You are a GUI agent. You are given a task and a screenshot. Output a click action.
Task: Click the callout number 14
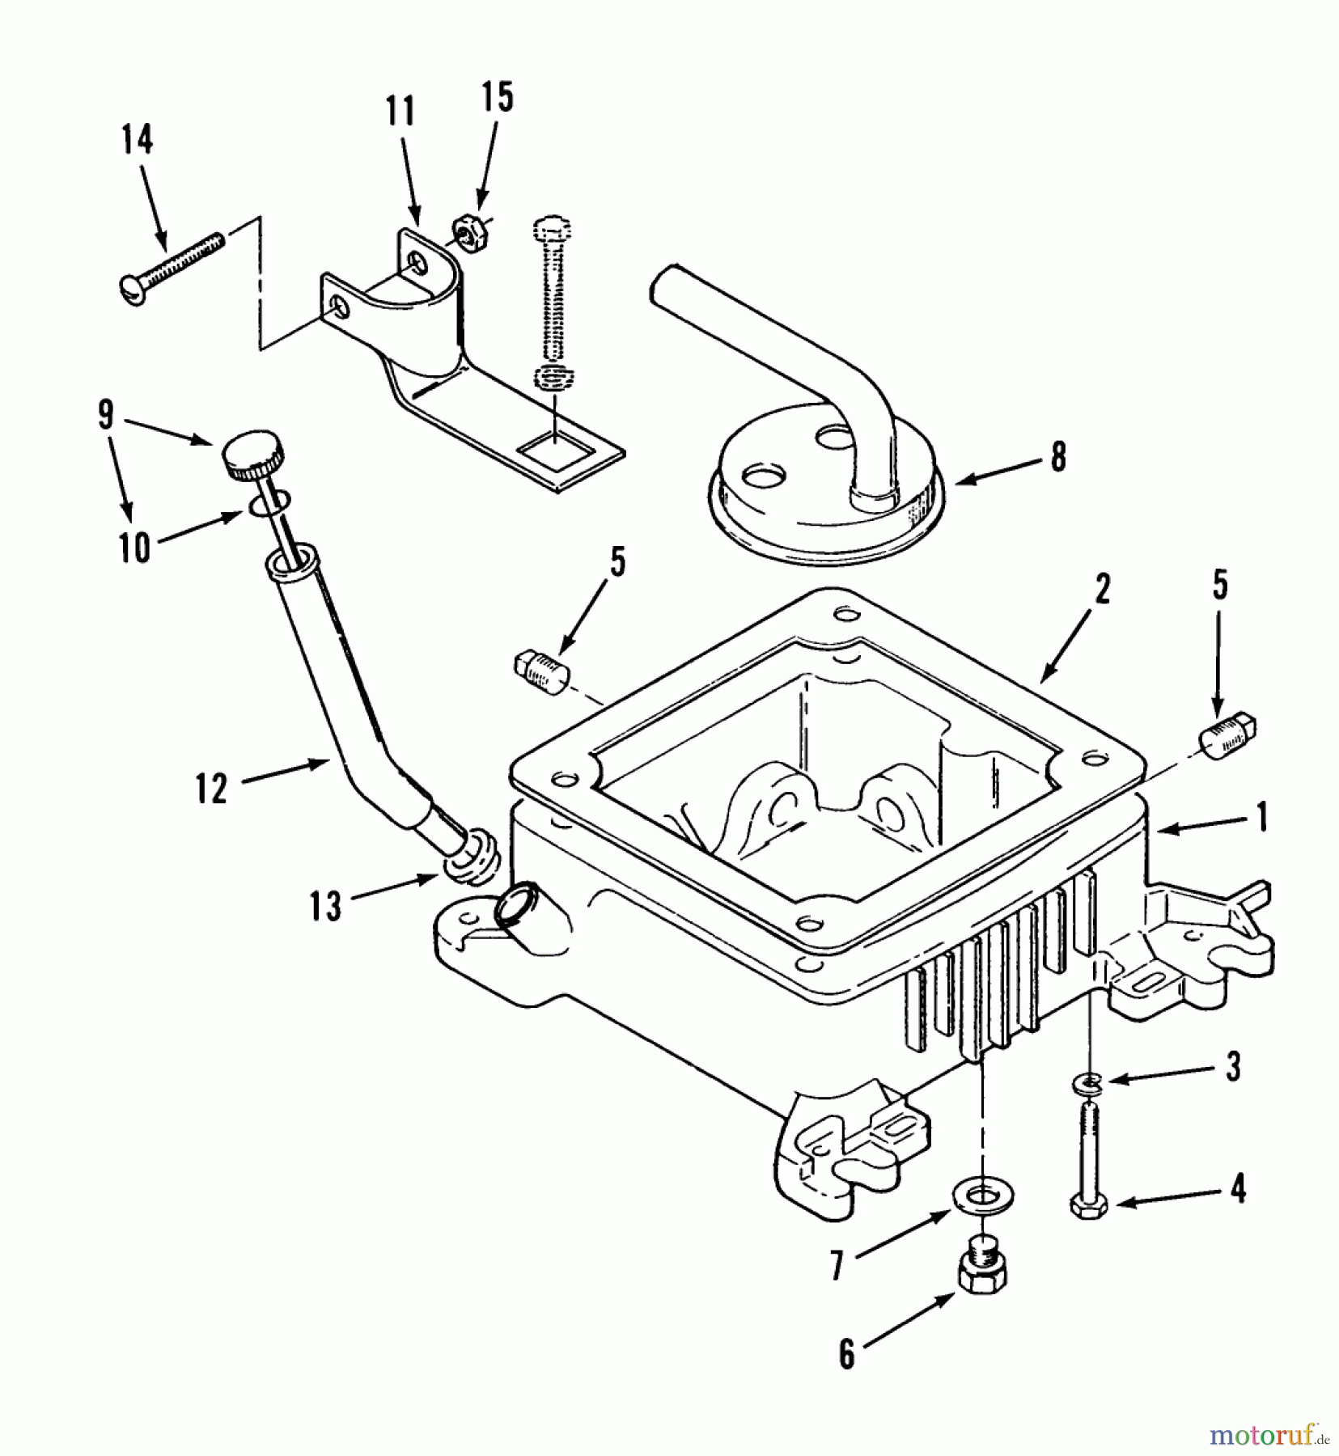(137, 140)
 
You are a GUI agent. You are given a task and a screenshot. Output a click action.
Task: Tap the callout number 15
(498, 97)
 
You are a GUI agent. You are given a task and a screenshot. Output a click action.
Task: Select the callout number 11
(400, 111)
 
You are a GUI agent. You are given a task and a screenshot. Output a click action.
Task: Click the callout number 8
(1058, 457)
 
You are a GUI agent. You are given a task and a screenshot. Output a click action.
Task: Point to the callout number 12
(211, 789)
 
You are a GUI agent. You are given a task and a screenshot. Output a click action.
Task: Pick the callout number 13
(326, 906)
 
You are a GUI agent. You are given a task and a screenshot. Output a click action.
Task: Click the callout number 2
(1103, 591)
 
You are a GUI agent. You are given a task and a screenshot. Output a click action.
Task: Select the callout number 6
(846, 1354)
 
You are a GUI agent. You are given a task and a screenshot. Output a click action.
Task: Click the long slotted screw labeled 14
(174, 262)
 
